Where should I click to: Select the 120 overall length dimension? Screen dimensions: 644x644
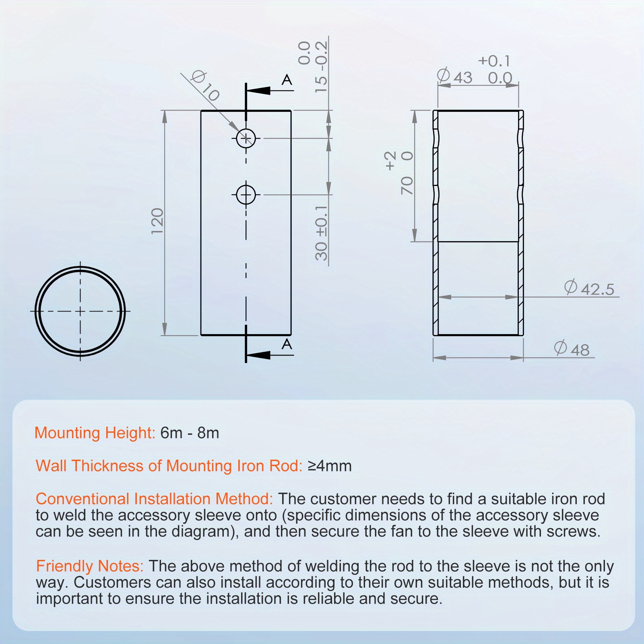(157, 221)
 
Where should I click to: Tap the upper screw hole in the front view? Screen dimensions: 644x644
(246, 138)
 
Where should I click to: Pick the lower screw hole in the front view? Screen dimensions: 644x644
(246, 195)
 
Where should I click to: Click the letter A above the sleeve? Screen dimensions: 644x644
(287, 80)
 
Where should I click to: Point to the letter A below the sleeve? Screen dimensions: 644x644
(287, 344)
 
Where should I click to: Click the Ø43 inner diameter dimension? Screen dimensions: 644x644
(455, 76)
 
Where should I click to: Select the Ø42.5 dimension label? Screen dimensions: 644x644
(590, 289)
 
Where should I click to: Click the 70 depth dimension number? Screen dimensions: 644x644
(407, 186)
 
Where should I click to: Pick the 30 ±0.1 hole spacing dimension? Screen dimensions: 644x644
(321, 233)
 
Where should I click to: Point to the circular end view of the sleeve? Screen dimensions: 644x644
(80, 311)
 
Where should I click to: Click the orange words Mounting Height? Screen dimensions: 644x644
(94, 433)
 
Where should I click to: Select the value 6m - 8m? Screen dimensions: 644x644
(190, 433)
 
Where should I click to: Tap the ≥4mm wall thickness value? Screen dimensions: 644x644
(330, 466)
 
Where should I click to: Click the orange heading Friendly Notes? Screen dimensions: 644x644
(90, 566)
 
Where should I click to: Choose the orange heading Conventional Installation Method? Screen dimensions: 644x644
(154, 499)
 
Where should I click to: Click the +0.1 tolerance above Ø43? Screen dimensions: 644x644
(494, 61)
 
